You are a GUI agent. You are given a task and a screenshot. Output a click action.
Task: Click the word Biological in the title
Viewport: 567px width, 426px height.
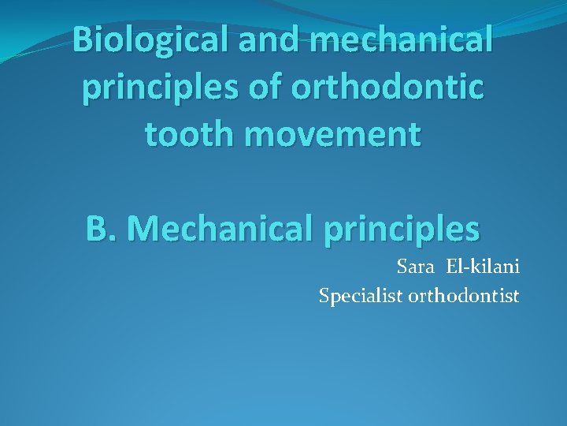(x=150, y=39)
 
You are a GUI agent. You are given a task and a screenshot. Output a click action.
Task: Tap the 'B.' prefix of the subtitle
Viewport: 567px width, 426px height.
(x=101, y=229)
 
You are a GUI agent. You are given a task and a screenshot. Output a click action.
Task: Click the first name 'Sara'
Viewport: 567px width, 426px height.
(x=414, y=267)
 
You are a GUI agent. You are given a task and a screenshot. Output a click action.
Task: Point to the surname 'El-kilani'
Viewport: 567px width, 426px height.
(x=481, y=267)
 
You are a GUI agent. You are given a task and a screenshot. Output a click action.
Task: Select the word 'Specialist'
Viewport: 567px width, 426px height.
(x=361, y=297)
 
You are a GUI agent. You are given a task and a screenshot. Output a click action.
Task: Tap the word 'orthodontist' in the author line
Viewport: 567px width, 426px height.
(x=464, y=297)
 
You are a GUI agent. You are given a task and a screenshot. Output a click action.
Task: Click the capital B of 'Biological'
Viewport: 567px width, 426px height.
(x=82, y=39)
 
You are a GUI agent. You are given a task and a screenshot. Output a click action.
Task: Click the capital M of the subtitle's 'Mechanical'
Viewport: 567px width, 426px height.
(x=142, y=229)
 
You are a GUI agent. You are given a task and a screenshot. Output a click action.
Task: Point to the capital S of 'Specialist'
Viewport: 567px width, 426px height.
(x=324, y=296)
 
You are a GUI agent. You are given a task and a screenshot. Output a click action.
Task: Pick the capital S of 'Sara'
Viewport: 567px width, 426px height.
(x=402, y=267)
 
